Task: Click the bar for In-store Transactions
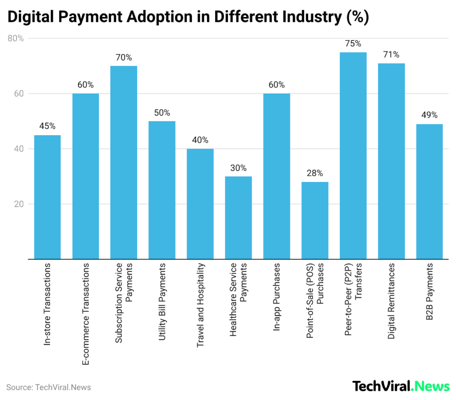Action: pos(47,197)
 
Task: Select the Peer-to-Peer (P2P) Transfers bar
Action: pos(353,156)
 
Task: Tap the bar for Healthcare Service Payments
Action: pos(238,218)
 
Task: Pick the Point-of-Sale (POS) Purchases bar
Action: pos(315,220)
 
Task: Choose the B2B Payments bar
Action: pos(429,191)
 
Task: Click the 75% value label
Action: pos(353,44)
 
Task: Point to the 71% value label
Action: pos(391,55)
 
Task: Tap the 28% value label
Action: pos(315,173)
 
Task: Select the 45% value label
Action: pos(47,126)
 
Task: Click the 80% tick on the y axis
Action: pos(16,38)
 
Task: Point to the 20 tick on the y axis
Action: pos(19,204)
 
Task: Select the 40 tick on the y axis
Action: pos(19,149)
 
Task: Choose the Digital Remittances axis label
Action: pos(391,301)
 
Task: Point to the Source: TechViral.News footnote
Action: pos(49,387)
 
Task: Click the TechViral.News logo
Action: pos(401,386)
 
